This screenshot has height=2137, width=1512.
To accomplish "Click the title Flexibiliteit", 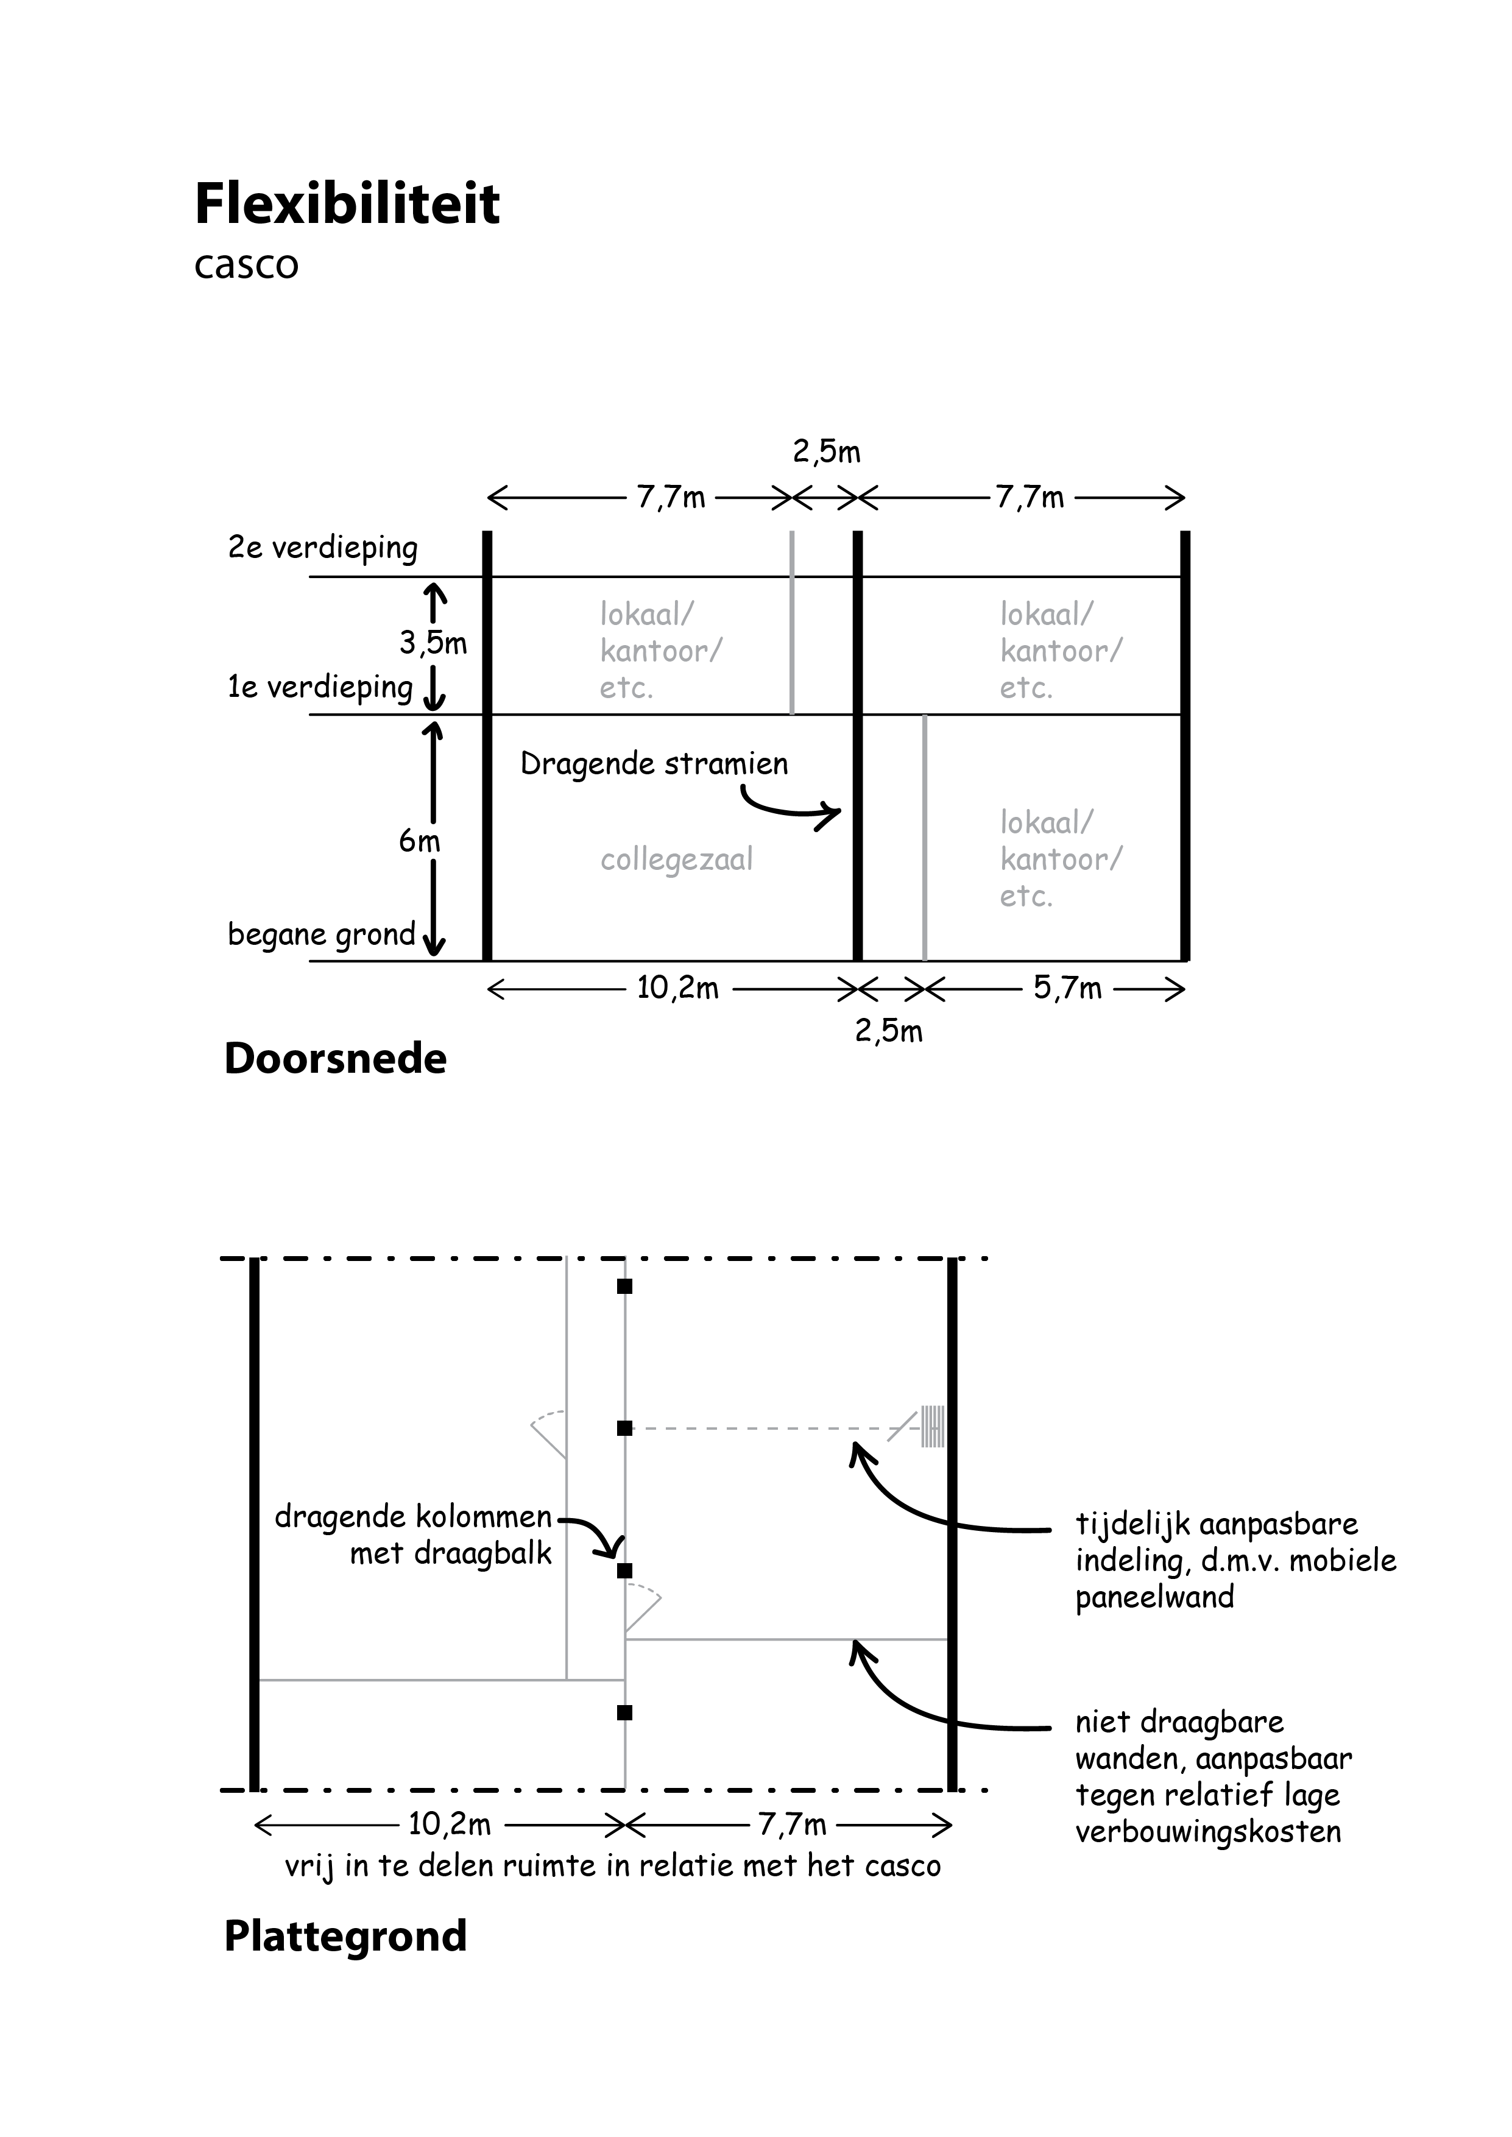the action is tap(347, 204).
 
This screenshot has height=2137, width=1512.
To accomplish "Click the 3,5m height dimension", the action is tap(433, 642).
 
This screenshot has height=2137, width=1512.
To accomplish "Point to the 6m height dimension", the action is tap(419, 841).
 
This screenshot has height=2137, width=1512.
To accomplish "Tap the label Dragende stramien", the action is tap(654, 764).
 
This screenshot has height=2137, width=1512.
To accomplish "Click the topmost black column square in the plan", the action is tap(625, 1287).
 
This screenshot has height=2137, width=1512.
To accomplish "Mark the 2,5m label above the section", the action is tap(827, 453).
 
